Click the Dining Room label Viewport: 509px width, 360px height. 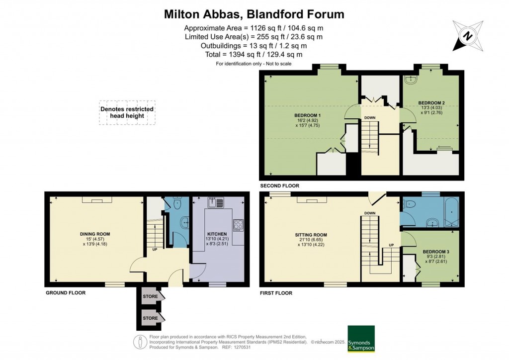(95, 234)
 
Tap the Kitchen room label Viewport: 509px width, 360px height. (217, 234)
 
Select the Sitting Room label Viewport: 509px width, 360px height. (311, 235)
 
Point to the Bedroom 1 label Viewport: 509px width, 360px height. (307, 115)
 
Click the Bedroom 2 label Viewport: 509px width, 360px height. (431, 103)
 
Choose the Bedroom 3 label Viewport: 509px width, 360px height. (436, 252)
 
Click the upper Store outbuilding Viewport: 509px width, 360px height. (151, 296)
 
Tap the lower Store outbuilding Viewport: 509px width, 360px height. (151, 318)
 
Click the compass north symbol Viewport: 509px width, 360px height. (468, 36)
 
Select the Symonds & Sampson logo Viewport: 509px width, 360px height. (361, 339)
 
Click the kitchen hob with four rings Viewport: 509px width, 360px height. (238, 225)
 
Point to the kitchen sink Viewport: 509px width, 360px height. (216, 202)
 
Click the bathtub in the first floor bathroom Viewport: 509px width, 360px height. (451, 212)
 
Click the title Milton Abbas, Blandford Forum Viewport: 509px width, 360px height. (254, 14)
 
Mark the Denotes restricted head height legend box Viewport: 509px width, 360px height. (127, 113)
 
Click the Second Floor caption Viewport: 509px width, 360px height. (280, 185)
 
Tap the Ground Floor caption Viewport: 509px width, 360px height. (66, 293)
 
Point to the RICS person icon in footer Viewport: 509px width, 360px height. (140, 342)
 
